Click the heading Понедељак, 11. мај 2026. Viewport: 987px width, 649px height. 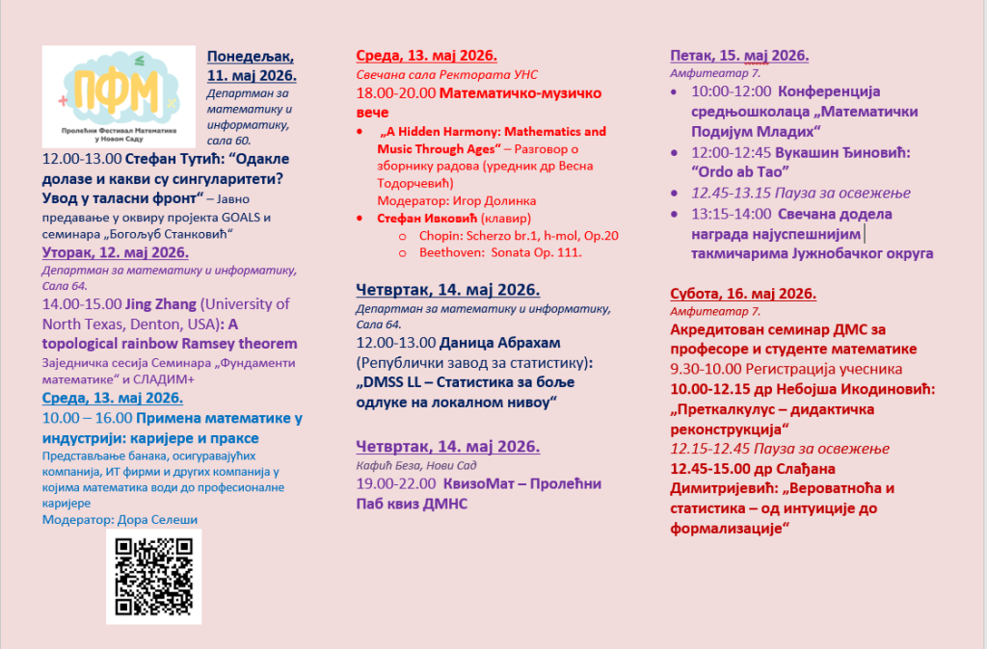click(252, 65)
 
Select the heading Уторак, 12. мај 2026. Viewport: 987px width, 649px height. click(116, 253)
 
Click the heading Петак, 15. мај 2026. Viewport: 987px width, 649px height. click(739, 55)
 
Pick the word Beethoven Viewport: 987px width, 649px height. click(452, 252)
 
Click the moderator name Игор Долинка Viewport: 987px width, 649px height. click(475, 200)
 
